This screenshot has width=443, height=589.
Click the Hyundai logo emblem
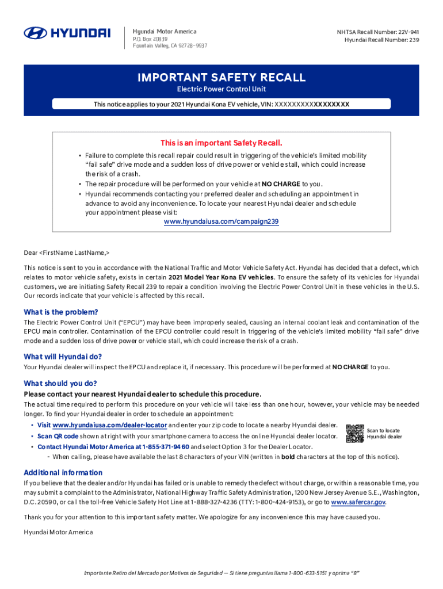35,33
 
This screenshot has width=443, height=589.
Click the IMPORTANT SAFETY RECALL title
221,78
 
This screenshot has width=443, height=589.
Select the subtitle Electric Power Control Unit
221,90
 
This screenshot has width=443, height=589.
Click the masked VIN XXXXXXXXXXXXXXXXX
312,104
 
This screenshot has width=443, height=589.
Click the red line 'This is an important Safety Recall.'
221,143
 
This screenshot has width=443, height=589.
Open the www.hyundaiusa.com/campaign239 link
221,221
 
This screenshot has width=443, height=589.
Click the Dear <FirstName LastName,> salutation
67,253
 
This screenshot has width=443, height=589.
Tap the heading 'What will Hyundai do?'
63,357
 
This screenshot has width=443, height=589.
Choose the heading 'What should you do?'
60,384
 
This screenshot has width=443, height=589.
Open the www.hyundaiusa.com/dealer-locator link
109,425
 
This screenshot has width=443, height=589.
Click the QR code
354,434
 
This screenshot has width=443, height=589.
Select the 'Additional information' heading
63,473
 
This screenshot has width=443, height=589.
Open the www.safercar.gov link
358,502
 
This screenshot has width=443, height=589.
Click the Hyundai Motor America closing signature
58,532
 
